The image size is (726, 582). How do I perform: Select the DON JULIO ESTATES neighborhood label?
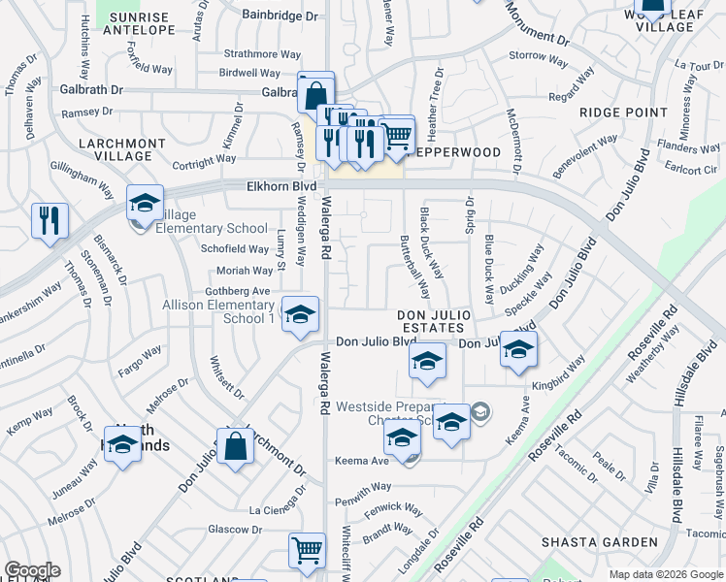tap(434, 322)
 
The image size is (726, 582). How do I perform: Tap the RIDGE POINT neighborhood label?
tap(623, 113)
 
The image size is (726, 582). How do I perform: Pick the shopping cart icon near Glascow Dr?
tap(307, 551)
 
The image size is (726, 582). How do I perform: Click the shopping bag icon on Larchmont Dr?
tap(235, 447)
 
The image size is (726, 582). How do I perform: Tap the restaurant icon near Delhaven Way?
tap(49, 220)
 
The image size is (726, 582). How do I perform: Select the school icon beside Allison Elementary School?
tap(300, 313)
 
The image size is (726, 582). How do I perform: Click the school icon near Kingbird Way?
tap(518, 349)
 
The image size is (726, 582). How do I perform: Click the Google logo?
tap(32, 570)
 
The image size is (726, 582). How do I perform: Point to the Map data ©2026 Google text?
tap(665, 574)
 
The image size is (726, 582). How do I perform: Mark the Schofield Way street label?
tap(235, 248)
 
